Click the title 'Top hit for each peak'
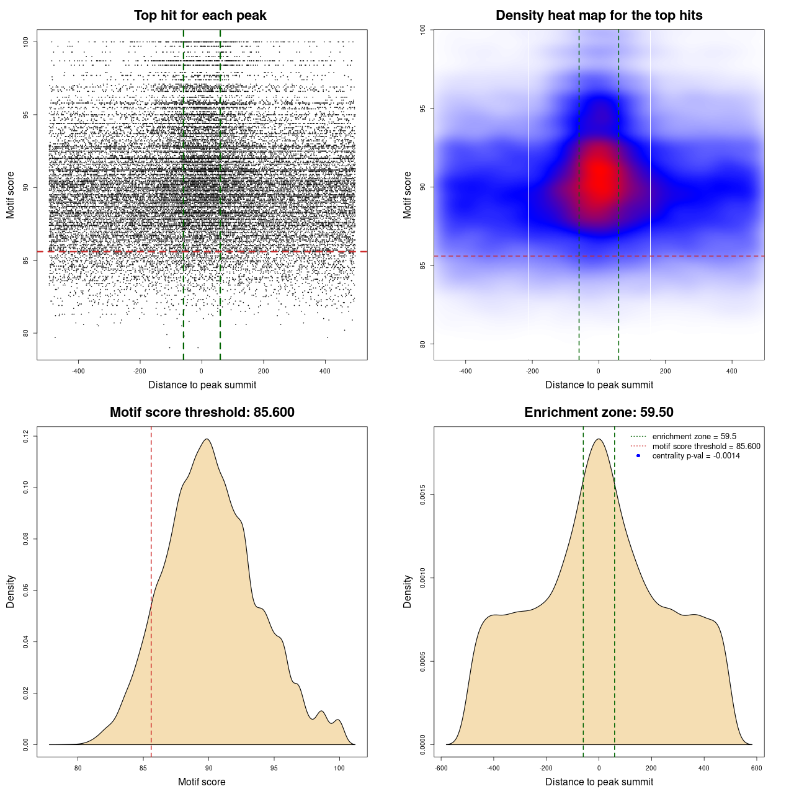pyautogui.click(x=200, y=16)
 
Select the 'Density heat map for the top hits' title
pyautogui.click(x=599, y=16)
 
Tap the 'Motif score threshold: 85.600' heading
pyautogui.click(x=202, y=413)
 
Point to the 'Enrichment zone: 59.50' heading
pyautogui.click(x=599, y=413)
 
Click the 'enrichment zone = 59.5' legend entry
pyautogui.click(x=694, y=437)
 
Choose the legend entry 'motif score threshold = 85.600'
pyautogui.click(x=706, y=446)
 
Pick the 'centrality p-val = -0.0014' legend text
pyautogui.click(x=696, y=456)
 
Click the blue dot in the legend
pyautogui.click(x=638, y=456)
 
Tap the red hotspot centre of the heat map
pyautogui.click(x=599, y=177)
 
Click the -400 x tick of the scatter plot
pyautogui.click(x=78, y=371)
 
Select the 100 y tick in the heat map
pyautogui.click(x=422, y=30)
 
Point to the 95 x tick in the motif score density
pyautogui.click(x=274, y=768)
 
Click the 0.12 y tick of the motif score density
pyautogui.click(x=25, y=437)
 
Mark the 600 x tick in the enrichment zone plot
pyautogui.click(x=756, y=768)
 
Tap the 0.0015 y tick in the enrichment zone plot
pyautogui.click(x=422, y=495)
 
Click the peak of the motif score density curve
pyautogui.click(x=207, y=439)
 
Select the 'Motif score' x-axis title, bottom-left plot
pyautogui.click(x=202, y=782)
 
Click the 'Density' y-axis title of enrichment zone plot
pyautogui.click(x=408, y=591)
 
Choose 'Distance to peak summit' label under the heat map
pyautogui.click(x=599, y=385)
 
